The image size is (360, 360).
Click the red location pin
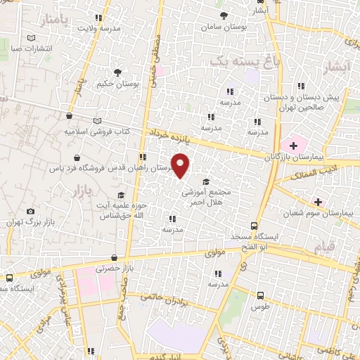coord(181,166)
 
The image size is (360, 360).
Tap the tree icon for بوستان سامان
coord(224,15)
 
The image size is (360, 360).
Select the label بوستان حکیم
coord(117,84)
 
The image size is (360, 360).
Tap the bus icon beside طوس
coord(261,296)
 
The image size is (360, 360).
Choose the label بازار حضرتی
coord(114,271)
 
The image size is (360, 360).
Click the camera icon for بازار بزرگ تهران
coord(30,212)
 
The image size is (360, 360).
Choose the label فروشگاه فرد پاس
coord(74,168)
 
